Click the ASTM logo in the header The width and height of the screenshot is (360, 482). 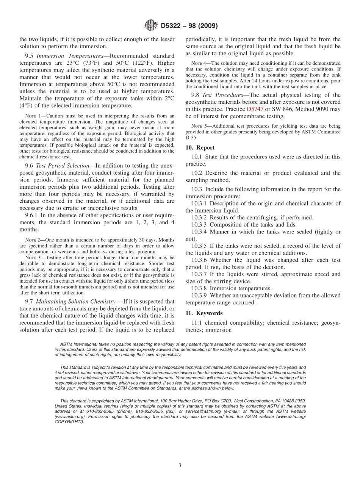pyautogui.click(x=151, y=26)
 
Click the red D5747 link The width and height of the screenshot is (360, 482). pyautogui.click(x=255, y=109)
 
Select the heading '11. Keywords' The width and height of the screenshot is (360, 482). pyautogui.click(x=204, y=313)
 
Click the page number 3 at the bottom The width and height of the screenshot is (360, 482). pyautogui.click(x=180, y=465)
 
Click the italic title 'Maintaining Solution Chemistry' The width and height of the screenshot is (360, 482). pyautogui.click(x=75, y=302)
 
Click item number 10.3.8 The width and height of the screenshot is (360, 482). pyautogui.click(x=200, y=288)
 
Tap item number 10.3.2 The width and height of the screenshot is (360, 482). pyautogui.click(x=200, y=218)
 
